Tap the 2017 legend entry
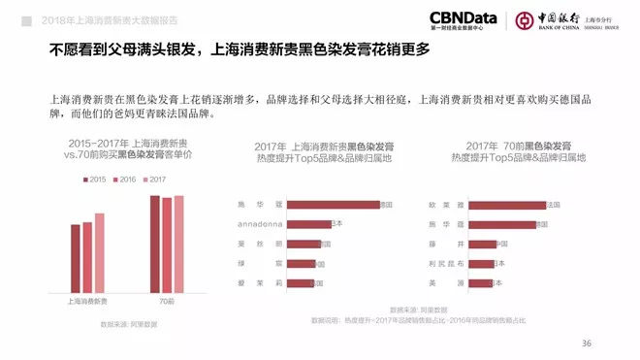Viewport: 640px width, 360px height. [152, 179]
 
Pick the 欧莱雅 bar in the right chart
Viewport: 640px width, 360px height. [507, 205]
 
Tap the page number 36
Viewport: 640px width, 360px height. [586, 343]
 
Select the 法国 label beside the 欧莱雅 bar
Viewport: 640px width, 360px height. [555, 205]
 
